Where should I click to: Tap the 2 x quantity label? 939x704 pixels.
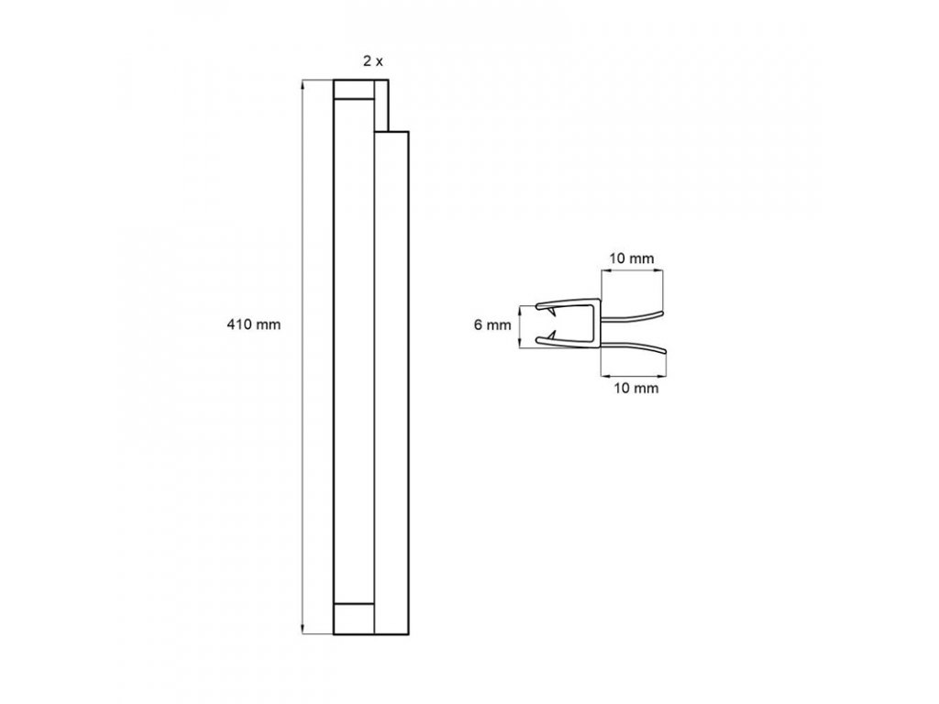[372, 61]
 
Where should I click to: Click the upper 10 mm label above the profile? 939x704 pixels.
[632, 258]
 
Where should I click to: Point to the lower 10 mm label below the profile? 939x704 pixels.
[632, 389]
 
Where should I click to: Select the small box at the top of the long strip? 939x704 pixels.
[354, 90]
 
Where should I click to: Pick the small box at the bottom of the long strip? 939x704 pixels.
[354, 620]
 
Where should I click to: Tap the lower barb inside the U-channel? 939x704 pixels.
[553, 338]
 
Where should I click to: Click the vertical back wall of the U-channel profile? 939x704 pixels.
[599, 325]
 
